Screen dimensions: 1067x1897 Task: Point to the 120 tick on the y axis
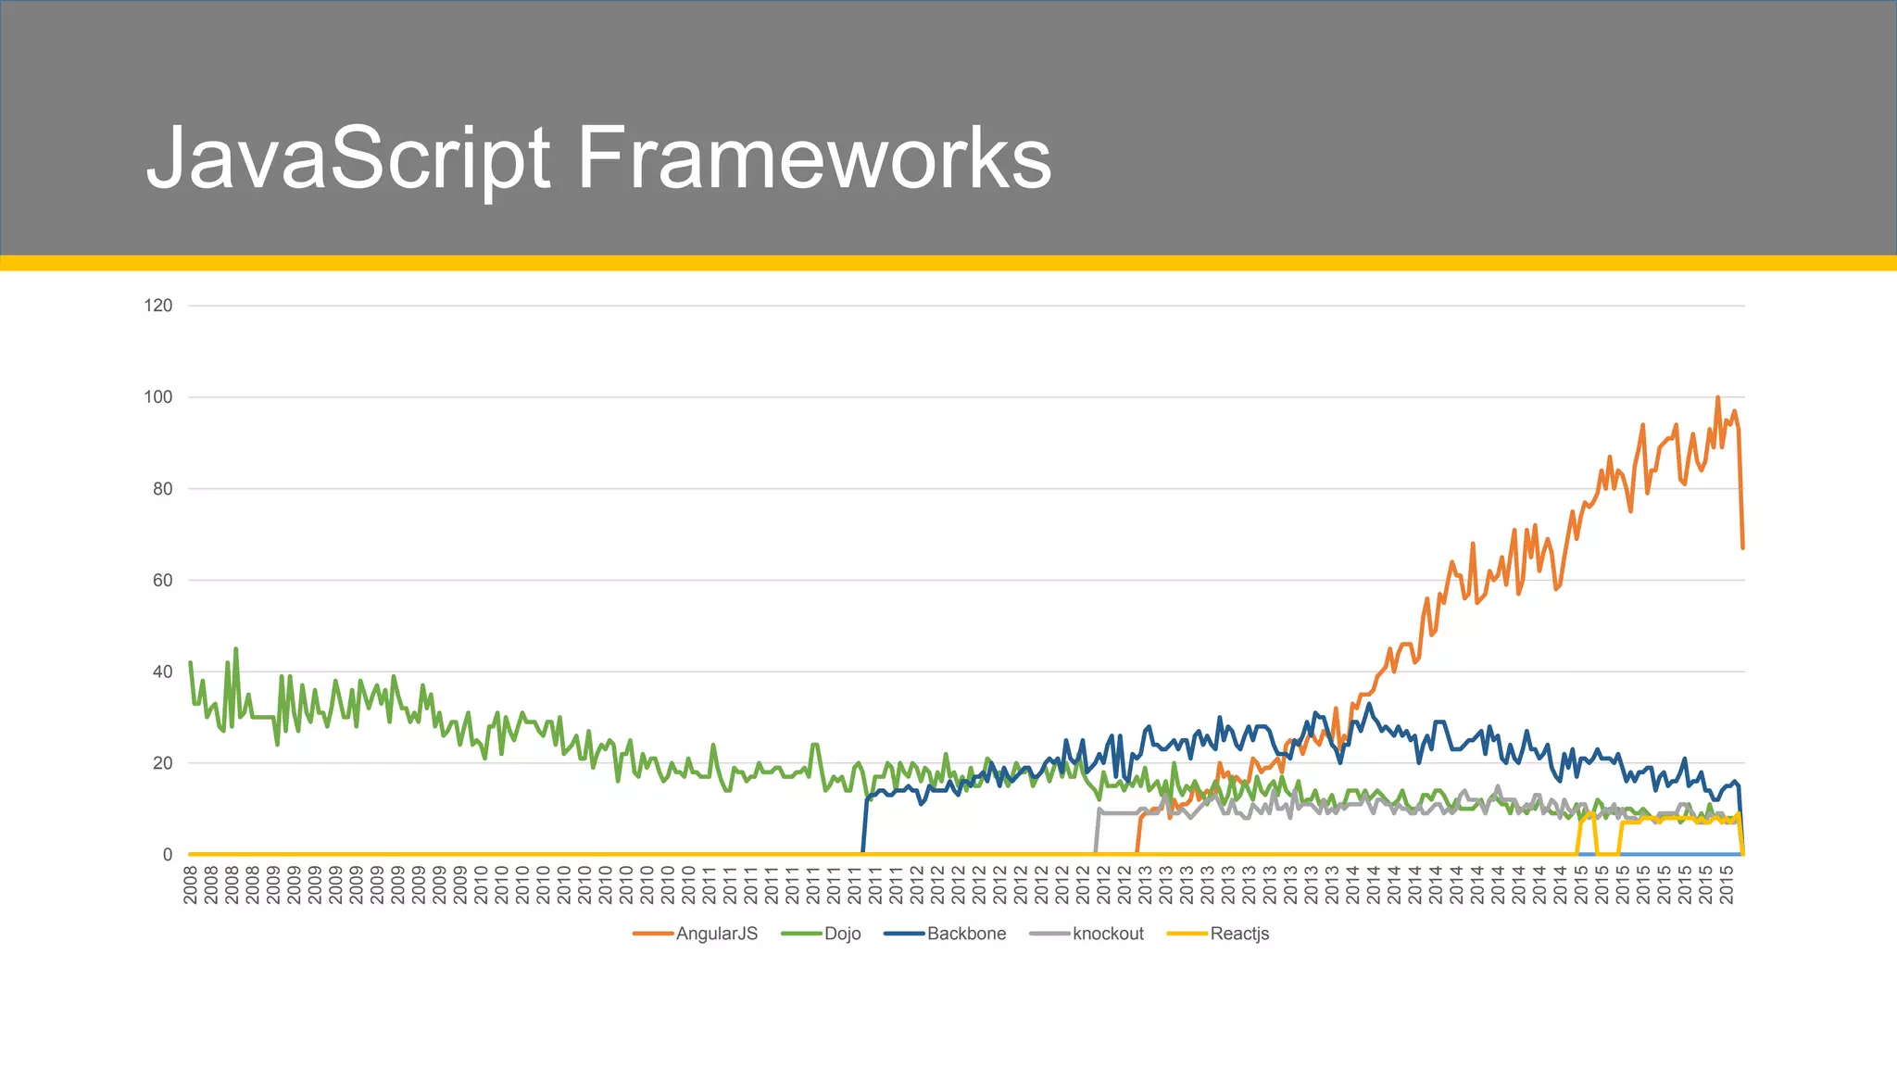click(158, 306)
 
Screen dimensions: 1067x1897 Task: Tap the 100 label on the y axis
click(158, 397)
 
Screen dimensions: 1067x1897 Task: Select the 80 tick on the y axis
click(162, 489)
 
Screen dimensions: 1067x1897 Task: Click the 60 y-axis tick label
click(162, 581)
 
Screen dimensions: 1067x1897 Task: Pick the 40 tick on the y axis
click(162, 672)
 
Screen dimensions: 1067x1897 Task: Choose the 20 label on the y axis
click(162, 763)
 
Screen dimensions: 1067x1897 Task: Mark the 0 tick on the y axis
click(167, 855)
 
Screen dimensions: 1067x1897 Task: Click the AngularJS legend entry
click(716, 934)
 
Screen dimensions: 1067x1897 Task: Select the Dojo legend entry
click(842, 934)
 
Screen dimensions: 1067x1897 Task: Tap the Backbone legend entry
click(966, 934)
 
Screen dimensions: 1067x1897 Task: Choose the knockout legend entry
click(1108, 934)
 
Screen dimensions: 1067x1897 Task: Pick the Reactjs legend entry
click(1239, 934)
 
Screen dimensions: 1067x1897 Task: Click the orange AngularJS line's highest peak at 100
click(1717, 397)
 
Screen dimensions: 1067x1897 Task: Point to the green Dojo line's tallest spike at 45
click(236, 649)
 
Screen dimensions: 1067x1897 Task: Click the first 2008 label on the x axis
click(191, 885)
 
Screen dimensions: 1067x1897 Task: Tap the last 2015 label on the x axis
click(1727, 885)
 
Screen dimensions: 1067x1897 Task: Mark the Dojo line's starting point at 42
click(190, 662)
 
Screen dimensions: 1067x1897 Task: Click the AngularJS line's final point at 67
click(1742, 548)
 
